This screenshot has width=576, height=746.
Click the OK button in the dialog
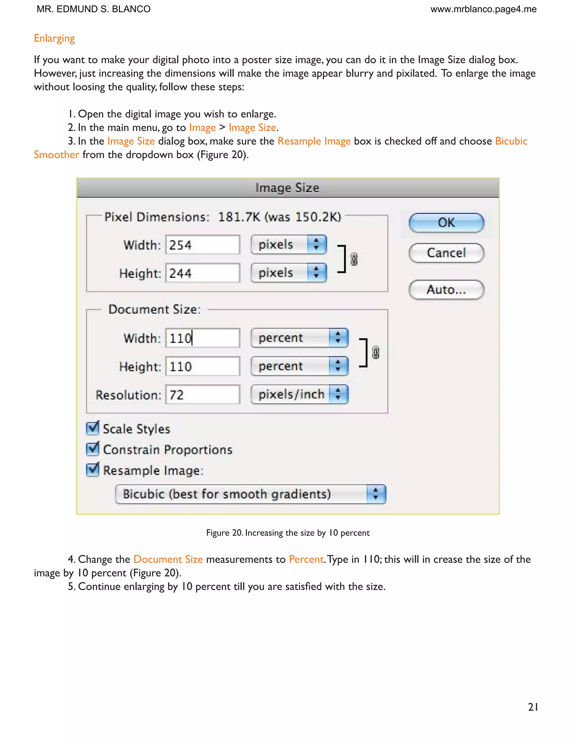click(x=446, y=223)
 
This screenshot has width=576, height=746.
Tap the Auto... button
click(x=446, y=290)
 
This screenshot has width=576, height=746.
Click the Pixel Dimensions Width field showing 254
click(x=203, y=245)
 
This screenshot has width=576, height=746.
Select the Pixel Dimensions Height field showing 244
click(x=203, y=273)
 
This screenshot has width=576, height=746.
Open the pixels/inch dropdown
click(x=299, y=394)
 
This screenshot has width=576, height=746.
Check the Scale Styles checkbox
click(x=93, y=428)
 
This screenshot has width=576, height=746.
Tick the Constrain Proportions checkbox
click(x=93, y=449)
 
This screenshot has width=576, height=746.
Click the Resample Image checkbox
click(x=93, y=470)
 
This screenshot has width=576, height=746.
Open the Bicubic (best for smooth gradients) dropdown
click(x=251, y=494)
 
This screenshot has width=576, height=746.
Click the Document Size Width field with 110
click(x=203, y=338)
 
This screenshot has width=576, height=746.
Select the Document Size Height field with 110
click(x=203, y=366)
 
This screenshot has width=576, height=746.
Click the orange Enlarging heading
click(x=54, y=38)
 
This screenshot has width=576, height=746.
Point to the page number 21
click(x=533, y=707)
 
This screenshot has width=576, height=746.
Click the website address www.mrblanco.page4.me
click(x=483, y=9)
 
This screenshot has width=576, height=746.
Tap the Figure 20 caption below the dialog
click(x=288, y=533)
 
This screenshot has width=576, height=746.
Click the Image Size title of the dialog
click(x=287, y=188)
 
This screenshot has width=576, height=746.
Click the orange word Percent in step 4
click(x=306, y=559)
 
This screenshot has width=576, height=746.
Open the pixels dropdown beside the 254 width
click(x=288, y=245)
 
